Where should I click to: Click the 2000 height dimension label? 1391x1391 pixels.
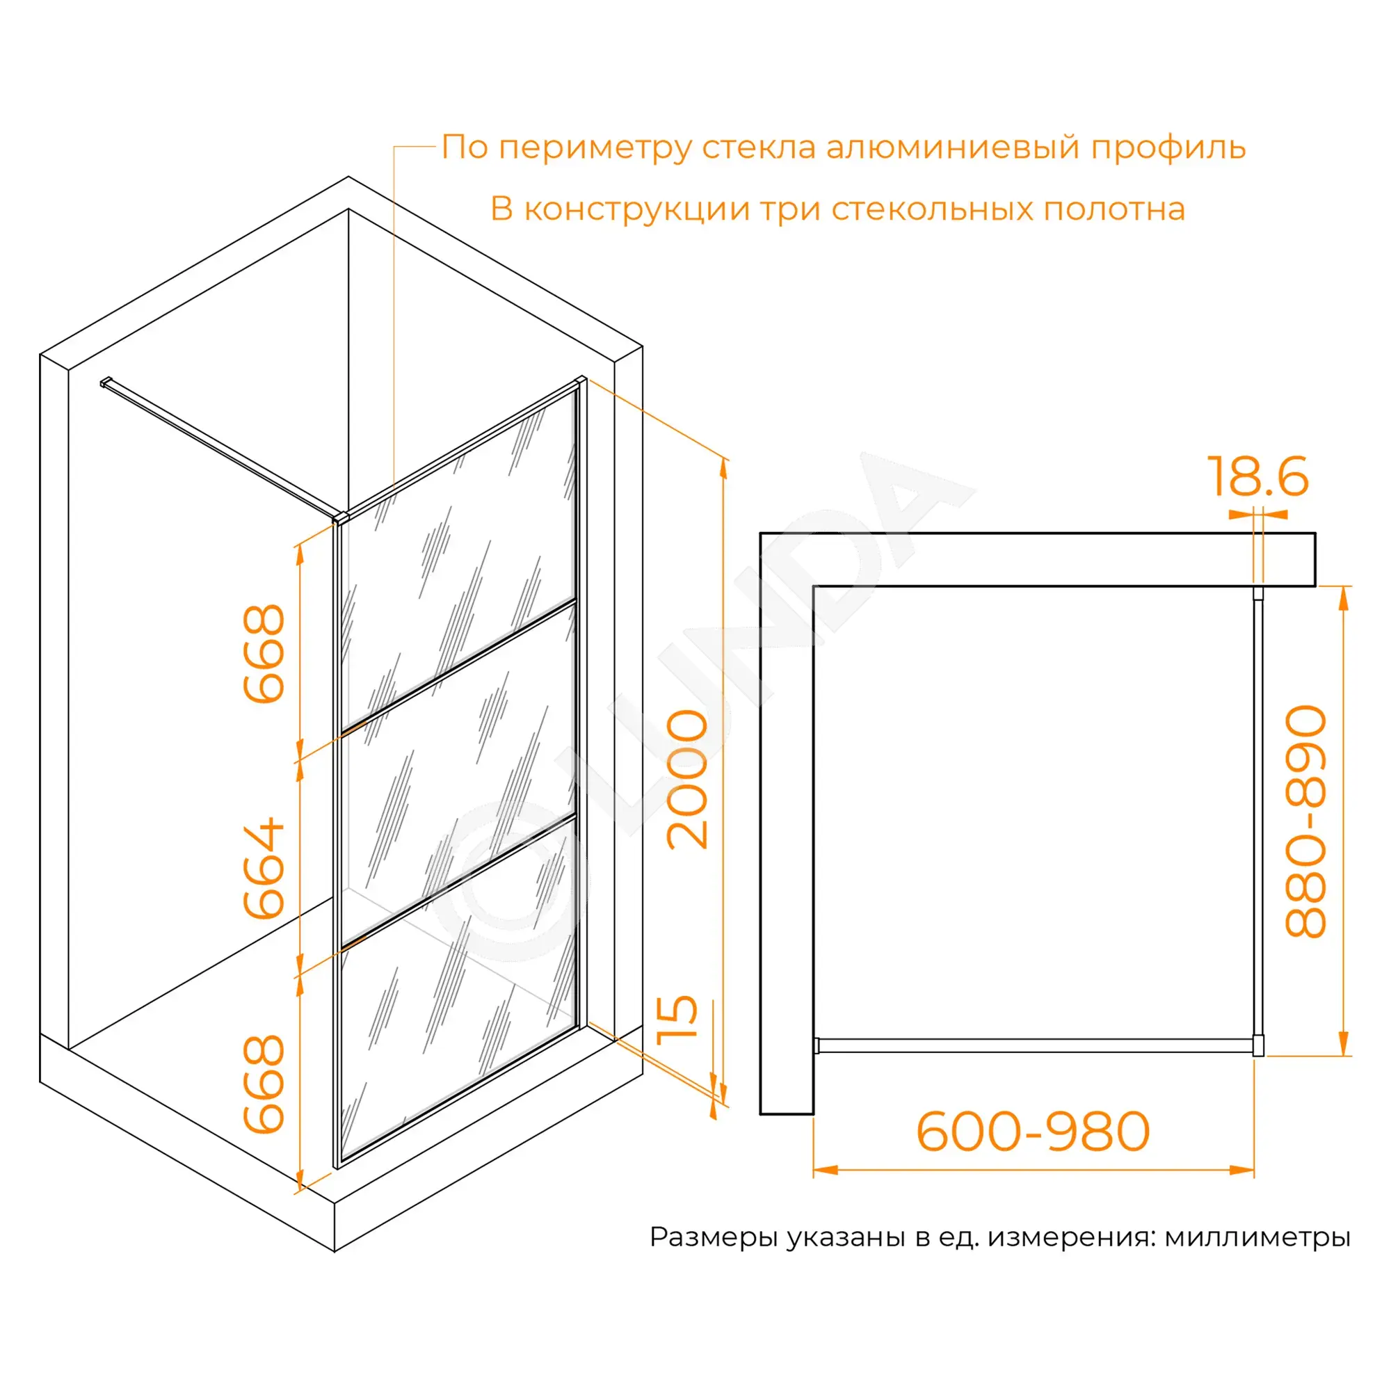688,779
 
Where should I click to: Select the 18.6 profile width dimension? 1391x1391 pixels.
1257,476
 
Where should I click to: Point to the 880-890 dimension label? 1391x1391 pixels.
1305,821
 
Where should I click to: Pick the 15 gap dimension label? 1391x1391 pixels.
677,1020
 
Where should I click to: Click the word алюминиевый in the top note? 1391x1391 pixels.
953,147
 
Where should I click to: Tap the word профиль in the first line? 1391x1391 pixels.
1168,147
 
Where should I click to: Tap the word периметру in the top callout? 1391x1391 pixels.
595,149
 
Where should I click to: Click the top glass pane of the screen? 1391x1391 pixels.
458,562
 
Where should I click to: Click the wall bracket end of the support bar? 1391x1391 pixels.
105,383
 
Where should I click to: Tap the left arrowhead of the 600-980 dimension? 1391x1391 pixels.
825,1170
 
